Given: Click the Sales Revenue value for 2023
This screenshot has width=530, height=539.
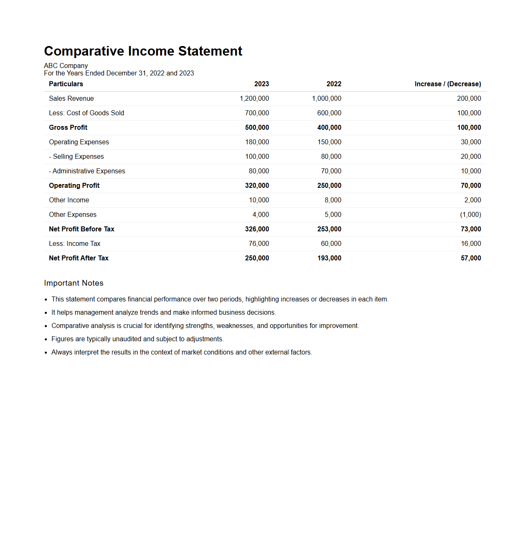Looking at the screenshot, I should [x=254, y=99].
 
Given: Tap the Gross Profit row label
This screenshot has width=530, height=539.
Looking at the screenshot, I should [x=68, y=128].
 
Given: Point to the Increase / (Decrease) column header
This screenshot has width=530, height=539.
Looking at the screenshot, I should [x=447, y=84].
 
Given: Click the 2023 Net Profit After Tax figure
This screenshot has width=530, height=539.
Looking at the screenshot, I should [x=257, y=258].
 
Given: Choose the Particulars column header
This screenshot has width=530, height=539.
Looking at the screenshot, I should [x=66, y=84].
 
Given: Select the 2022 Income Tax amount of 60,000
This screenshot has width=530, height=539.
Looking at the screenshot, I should [x=331, y=244].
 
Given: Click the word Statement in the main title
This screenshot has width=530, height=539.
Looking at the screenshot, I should [x=210, y=51].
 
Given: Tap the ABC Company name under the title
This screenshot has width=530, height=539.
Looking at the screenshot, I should [x=66, y=66].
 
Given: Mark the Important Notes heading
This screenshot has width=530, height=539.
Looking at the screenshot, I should [x=74, y=283].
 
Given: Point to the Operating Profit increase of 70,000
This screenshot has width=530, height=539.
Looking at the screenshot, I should [x=471, y=186].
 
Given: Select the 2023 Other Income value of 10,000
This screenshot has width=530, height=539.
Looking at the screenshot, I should [x=259, y=200].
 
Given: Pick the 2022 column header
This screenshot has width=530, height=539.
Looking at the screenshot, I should [x=334, y=84].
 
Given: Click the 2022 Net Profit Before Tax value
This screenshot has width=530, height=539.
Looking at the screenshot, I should [x=329, y=229].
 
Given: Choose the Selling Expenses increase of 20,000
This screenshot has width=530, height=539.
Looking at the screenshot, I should [x=471, y=157].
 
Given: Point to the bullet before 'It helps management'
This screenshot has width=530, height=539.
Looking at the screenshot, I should [x=46, y=313].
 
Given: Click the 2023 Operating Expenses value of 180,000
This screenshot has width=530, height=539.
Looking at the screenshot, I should [x=257, y=142].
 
